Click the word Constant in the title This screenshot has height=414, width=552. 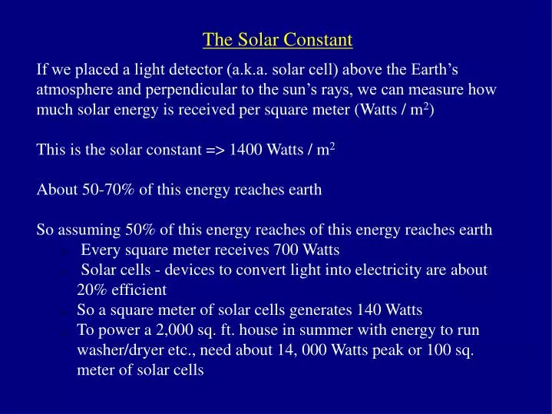319,39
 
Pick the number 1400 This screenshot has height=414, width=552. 246,150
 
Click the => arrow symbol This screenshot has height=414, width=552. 215,150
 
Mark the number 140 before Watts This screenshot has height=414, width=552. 369,310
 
